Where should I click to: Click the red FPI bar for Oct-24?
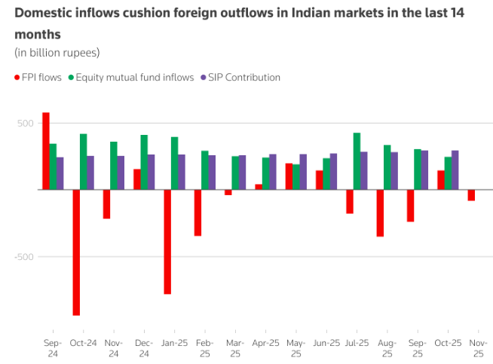pyautogui.click(x=76, y=252)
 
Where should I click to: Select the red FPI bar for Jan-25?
pyautogui.click(x=167, y=241)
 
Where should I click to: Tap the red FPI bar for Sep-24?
pyautogui.click(x=46, y=151)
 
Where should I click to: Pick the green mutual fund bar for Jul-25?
pyautogui.click(x=357, y=161)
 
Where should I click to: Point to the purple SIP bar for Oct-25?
pyautogui.click(x=455, y=170)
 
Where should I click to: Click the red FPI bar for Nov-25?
pyautogui.click(x=471, y=195)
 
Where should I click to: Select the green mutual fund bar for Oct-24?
pyautogui.click(x=84, y=161)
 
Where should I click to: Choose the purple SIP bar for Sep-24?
pyautogui.click(x=60, y=173)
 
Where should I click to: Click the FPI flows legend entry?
pyautogui.click(x=38, y=77)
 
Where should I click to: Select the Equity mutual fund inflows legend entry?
pyautogui.click(x=130, y=77)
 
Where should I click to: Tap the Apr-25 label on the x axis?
pyautogui.click(x=266, y=343)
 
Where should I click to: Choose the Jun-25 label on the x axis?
pyautogui.click(x=326, y=343)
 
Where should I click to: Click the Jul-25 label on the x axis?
pyautogui.click(x=357, y=343)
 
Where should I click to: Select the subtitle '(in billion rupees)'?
pyautogui.click(x=57, y=52)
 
